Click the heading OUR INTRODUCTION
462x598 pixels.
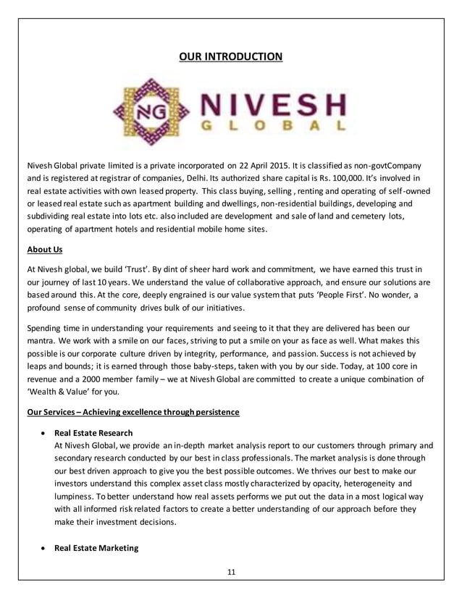point(231,56)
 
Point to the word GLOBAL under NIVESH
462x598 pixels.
point(269,128)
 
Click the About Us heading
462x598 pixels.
point(44,250)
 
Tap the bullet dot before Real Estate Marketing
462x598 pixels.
point(44,549)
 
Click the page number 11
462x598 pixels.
point(231,572)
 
